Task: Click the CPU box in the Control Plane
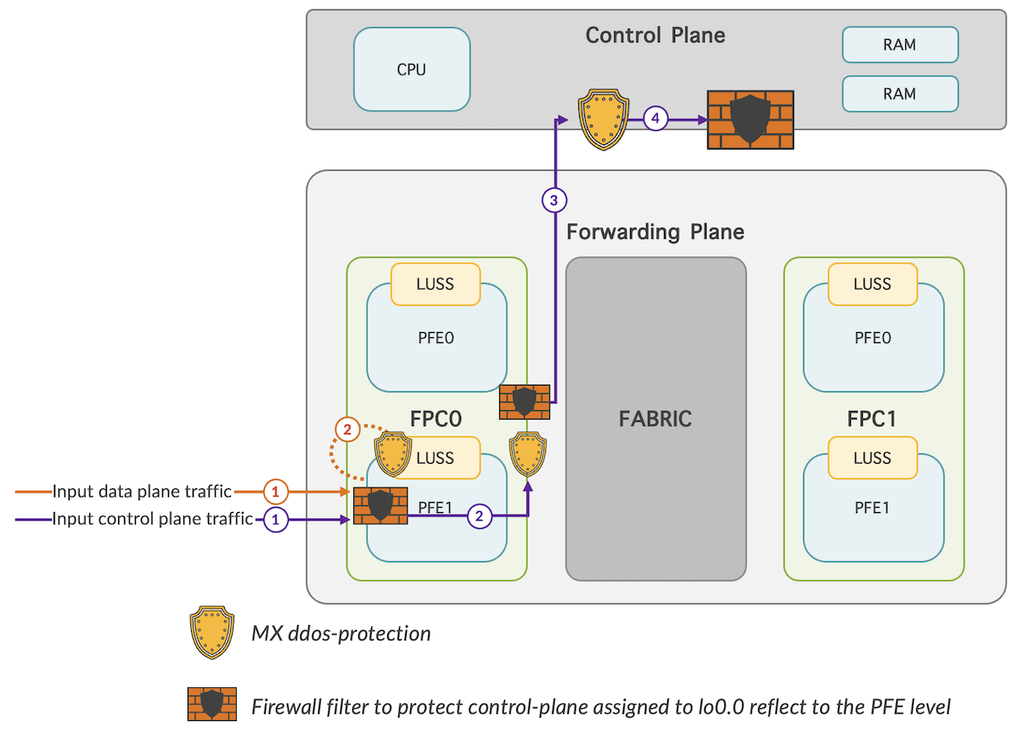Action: click(411, 70)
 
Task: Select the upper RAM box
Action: click(899, 44)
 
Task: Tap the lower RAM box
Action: click(899, 93)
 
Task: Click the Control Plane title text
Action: click(656, 36)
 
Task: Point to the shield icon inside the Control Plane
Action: click(602, 119)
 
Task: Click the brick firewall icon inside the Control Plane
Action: click(750, 121)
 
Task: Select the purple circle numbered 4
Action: click(655, 119)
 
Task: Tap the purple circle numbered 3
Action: click(554, 200)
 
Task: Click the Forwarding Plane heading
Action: click(655, 231)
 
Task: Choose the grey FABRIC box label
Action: click(656, 419)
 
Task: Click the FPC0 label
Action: click(436, 419)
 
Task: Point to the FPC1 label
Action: click(872, 419)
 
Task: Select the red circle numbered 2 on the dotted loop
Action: click(347, 429)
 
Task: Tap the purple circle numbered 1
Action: click(274, 519)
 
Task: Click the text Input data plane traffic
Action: click(142, 491)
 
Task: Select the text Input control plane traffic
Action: click(153, 519)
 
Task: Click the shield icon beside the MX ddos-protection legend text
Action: click(211, 633)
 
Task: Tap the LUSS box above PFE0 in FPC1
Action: click(872, 284)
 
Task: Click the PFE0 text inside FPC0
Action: click(436, 338)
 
